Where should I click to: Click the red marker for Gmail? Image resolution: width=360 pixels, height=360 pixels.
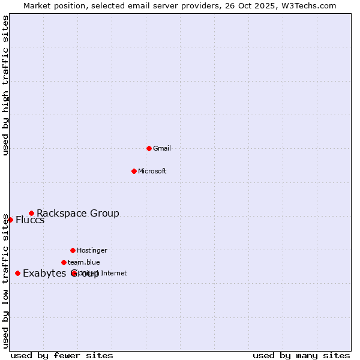(149, 148)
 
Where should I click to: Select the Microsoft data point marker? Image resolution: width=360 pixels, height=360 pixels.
(134, 171)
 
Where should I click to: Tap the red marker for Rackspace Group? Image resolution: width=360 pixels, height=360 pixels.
(31, 213)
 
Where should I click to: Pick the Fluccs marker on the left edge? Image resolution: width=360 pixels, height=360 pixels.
(10, 220)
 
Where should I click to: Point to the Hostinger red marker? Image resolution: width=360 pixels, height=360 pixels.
(73, 250)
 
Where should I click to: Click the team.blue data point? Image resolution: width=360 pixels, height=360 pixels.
(64, 262)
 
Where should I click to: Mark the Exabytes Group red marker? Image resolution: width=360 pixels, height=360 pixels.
(17, 273)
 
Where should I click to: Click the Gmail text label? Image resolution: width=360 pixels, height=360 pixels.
(162, 148)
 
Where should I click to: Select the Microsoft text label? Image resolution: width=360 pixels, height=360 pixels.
(152, 171)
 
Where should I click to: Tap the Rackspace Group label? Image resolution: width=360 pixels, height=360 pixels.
(78, 213)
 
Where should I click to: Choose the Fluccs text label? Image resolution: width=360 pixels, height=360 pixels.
(30, 220)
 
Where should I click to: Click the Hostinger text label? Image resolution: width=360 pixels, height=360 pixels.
(92, 250)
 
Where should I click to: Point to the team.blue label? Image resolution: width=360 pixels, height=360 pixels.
(84, 262)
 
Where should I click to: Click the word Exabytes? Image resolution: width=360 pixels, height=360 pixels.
(43, 274)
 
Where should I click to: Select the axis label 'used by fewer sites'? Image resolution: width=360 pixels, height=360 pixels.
(62, 355)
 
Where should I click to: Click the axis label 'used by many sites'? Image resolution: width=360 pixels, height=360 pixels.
(301, 355)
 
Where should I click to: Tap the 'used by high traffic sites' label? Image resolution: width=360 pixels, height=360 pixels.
(6, 85)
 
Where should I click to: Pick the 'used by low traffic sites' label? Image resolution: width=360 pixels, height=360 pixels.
(6, 281)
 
